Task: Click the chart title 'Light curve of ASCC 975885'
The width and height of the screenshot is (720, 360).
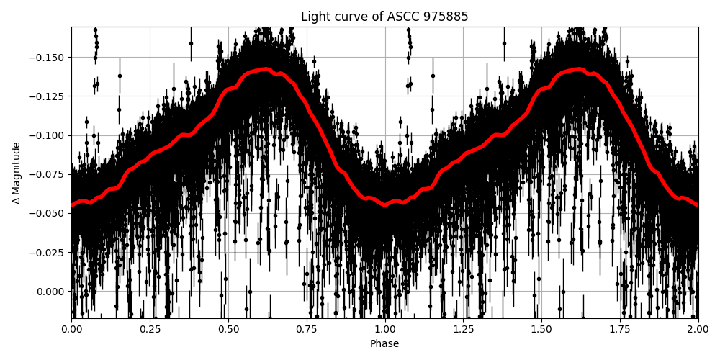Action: click(x=384, y=17)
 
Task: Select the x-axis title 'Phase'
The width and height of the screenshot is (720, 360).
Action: click(x=384, y=344)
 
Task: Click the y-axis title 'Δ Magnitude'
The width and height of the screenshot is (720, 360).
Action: click(x=17, y=173)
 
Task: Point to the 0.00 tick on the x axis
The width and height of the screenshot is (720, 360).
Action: click(x=71, y=329)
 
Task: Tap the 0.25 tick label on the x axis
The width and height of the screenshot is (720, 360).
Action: click(x=150, y=329)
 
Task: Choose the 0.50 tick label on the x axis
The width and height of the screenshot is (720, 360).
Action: click(x=228, y=329)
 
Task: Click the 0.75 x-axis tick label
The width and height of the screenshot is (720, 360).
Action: click(x=307, y=329)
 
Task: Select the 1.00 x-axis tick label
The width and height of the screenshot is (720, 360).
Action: click(x=384, y=329)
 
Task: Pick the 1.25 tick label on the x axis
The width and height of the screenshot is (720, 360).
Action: click(x=463, y=329)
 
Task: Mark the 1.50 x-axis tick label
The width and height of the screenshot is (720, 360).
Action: click(x=541, y=329)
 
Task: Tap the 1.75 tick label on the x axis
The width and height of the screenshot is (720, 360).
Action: click(x=620, y=329)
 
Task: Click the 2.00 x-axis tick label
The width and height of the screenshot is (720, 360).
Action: click(x=698, y=329)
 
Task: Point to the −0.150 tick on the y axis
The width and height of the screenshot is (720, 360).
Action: click(x=48, y=58)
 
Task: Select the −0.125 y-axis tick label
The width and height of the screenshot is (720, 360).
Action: click(x=48, y=96)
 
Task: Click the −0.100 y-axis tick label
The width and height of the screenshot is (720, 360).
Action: click(x=48, y=135)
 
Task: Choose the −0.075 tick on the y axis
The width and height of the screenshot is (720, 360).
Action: click(x=48, y=174)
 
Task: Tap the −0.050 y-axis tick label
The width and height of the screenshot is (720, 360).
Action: click(x=48, y=213)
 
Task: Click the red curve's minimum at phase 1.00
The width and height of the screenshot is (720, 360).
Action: click(x=384, y=205)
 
